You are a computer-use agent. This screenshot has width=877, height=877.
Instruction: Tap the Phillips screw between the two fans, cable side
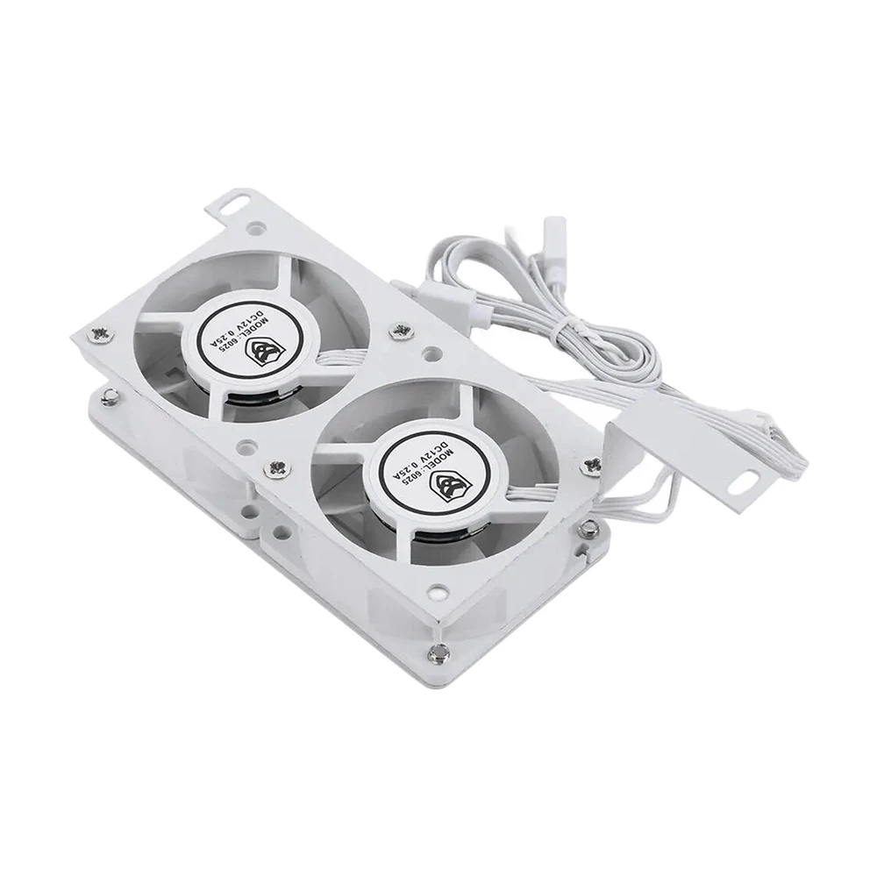coord(405,331)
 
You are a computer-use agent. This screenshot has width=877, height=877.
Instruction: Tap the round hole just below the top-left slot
coord(255,231)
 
